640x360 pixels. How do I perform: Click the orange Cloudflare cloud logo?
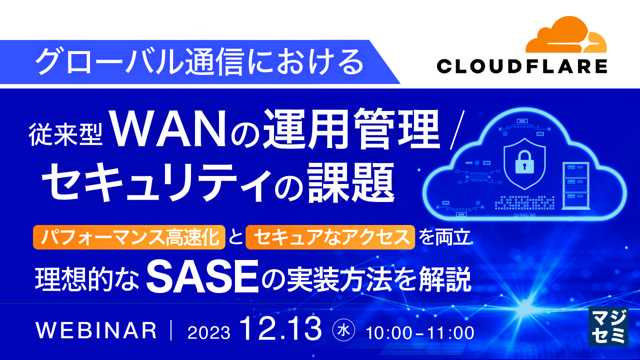pyautogui.click(x=566, y=37)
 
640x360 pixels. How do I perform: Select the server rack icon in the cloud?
pyautogui.click(x=575, y=185)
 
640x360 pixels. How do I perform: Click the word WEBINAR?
pyautogui.click(x=96, y=330)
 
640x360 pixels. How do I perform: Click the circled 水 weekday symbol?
pyautogui.click(x=343, y=330)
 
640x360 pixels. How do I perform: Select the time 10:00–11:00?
pyautogui.click(x=420, y=332)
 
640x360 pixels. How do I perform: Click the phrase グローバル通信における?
pyautogui.click(x=199, y=62)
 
